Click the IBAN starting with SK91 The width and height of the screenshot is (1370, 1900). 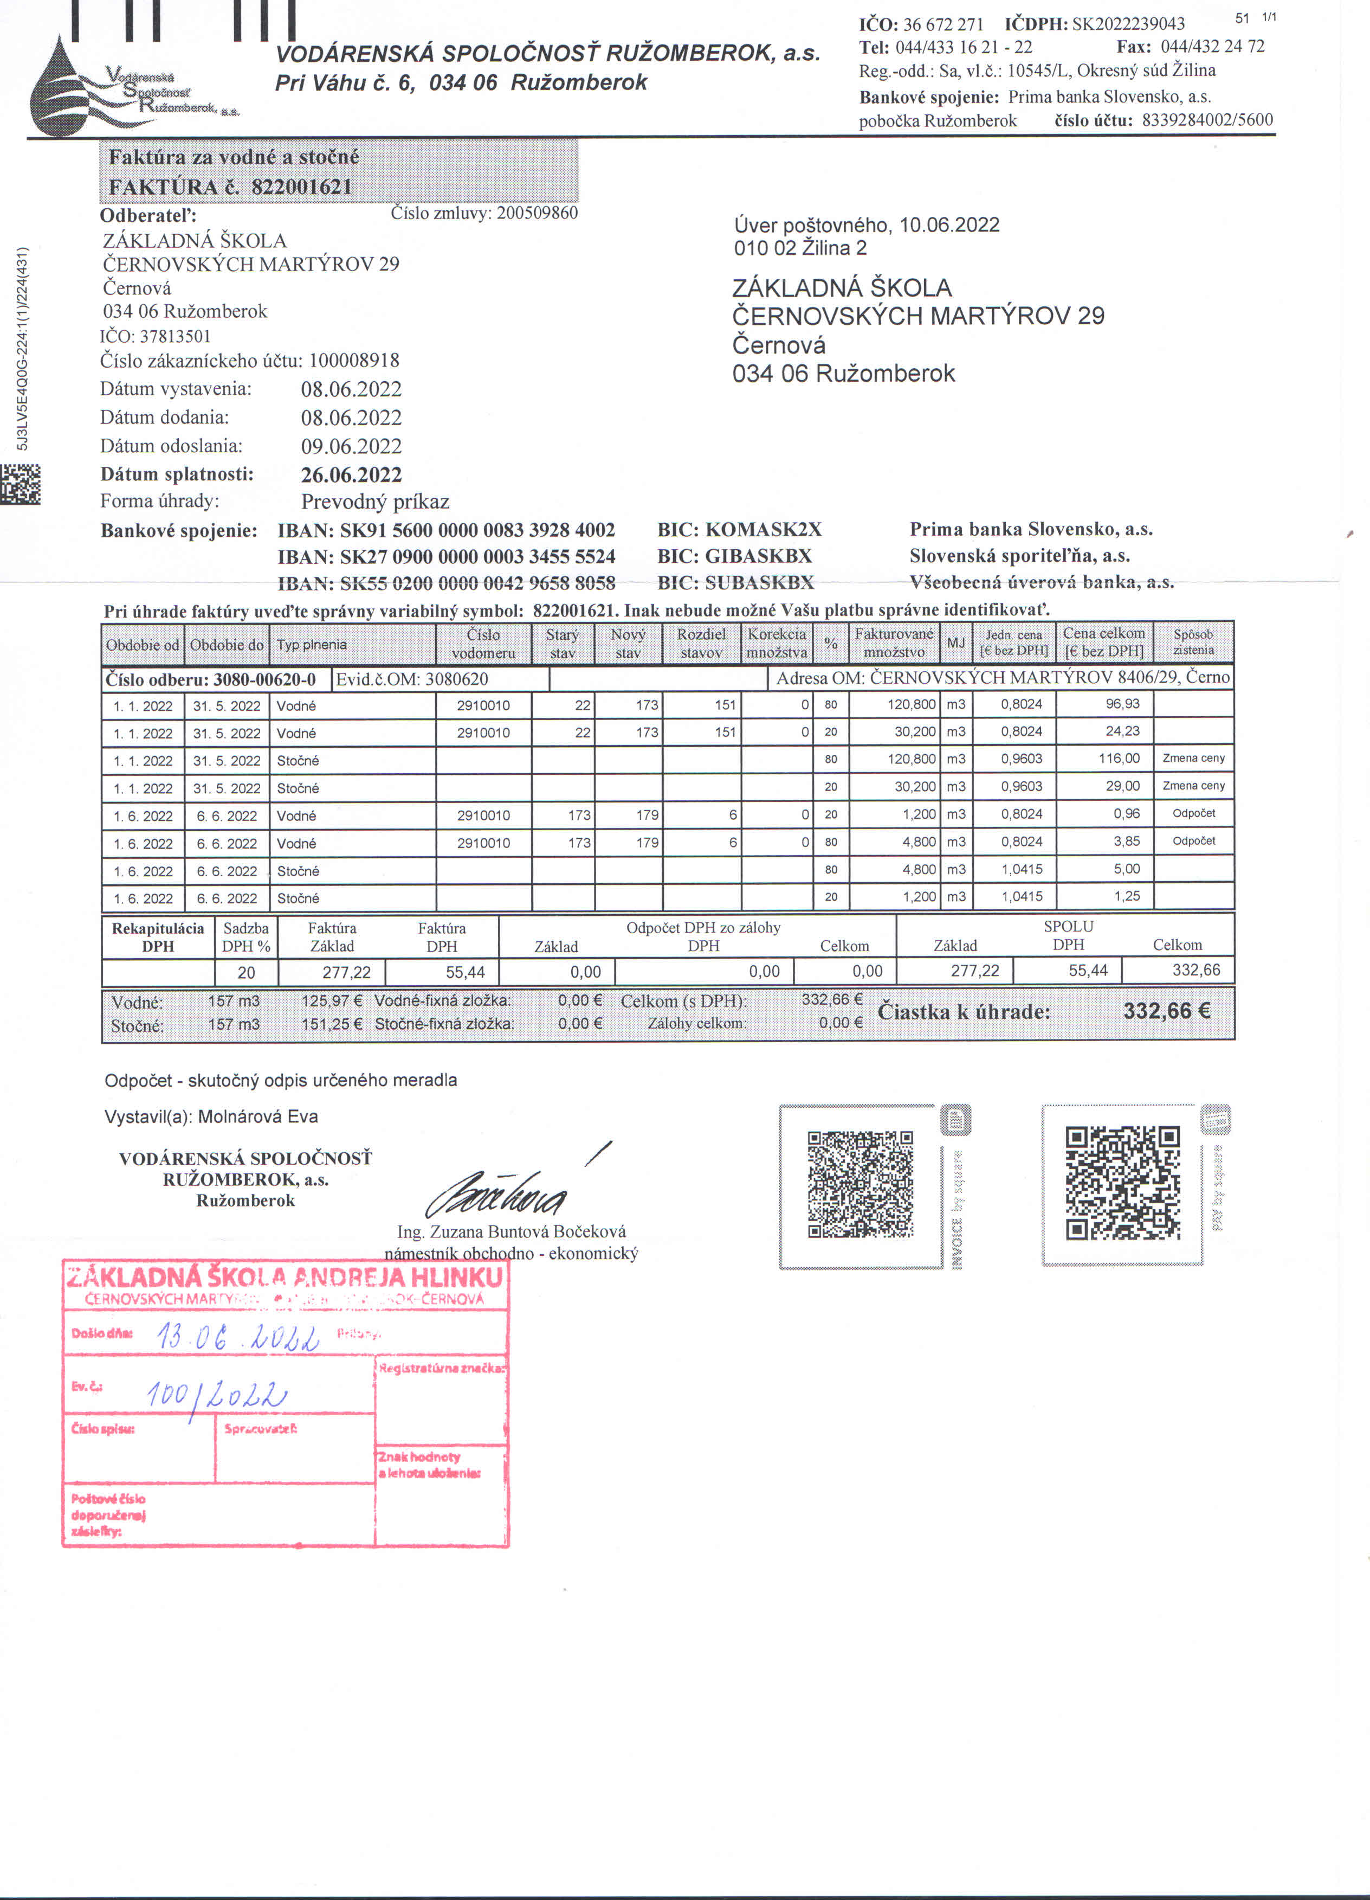click(x=447, y=529)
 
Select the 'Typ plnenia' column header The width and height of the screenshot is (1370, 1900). click(x=312, y=644)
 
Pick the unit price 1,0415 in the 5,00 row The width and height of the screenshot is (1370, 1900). click(x=1022, y=870)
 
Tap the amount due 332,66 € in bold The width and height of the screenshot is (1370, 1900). click(x=1167, y=1010)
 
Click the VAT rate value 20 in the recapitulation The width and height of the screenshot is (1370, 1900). click(x=246, y=972)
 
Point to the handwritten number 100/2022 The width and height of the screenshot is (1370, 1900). click(x=216, y=1394)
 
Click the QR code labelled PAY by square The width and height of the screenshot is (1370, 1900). click(x=1122, y=1183)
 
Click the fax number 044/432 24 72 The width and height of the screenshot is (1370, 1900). click(x=1212, y=46)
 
